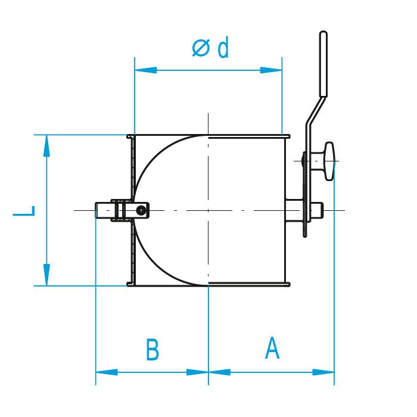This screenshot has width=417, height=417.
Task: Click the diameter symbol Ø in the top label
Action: [x=201, y=48]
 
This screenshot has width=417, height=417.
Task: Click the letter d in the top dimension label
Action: [x=223, y=48]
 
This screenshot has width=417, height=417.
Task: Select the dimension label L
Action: [x=24, y=211]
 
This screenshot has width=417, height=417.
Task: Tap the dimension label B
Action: [x=153, y=350]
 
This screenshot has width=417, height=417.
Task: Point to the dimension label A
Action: [x=272, y=348]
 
